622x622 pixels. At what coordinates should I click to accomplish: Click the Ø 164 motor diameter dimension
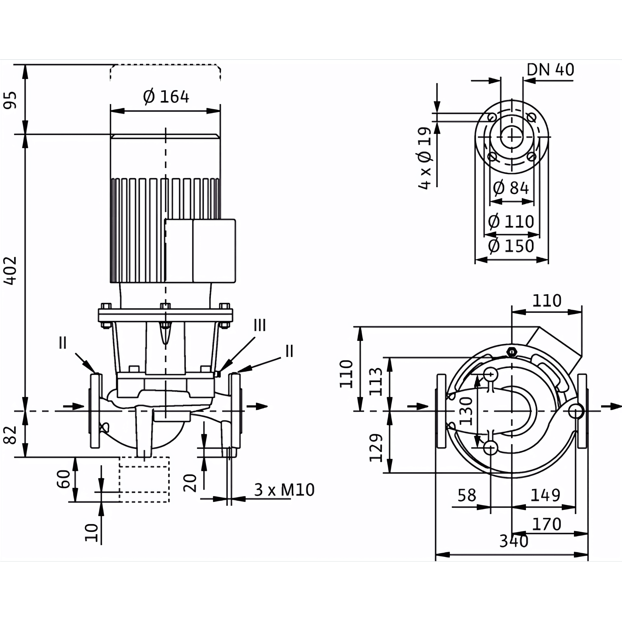[166, 97]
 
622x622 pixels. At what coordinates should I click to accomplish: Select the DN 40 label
[550, 69]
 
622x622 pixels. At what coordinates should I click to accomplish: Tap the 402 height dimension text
[10, 271]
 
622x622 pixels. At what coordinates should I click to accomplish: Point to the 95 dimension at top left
[10, 100]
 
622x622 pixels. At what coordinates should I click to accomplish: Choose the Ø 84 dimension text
[511, 188]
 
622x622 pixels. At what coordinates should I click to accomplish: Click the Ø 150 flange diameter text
[511, 246]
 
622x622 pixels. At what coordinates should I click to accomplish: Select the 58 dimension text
[467, 496]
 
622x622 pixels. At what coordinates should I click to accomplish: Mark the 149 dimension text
[545, 495]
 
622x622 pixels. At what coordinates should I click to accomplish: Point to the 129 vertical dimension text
[376, 448]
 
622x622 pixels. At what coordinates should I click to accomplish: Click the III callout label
[260, 325]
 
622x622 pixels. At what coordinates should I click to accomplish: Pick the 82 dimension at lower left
[10, 435]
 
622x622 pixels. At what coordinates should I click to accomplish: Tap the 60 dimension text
[64, 479]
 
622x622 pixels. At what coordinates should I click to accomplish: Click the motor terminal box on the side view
[200, 251]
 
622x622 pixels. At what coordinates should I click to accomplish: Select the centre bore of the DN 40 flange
[512, 137]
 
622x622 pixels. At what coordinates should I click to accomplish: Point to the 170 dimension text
[547, 524]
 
